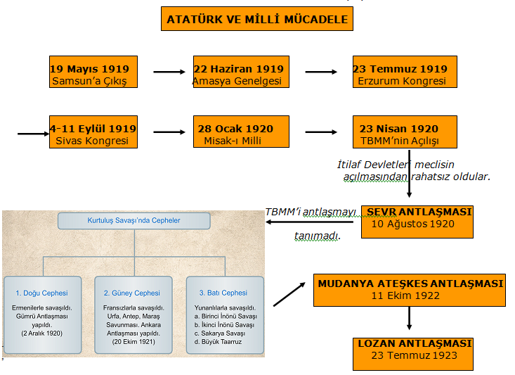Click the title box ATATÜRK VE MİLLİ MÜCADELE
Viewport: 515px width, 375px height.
coord(257,19)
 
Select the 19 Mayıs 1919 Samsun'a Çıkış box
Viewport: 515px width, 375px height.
coord(93,74)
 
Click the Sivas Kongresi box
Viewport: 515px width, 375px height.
coord(93,134)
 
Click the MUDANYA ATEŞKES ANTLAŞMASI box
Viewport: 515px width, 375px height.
coord(410,289)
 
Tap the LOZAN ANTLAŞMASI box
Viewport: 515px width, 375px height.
coord(414,349)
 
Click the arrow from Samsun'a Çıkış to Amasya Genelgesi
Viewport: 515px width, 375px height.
coord(169,72)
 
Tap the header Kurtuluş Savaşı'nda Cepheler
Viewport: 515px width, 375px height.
coord(133,220)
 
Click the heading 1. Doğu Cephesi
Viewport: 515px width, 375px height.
coord(42,293)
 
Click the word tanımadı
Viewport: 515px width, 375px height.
coord(317,236)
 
